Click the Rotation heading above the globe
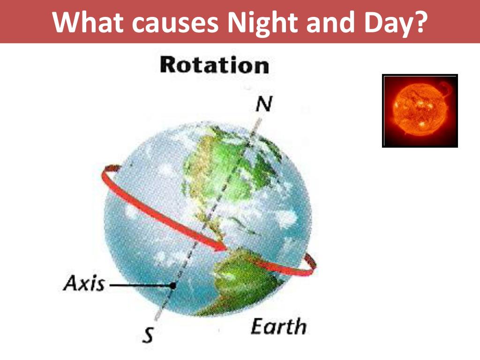(x=214, y=65)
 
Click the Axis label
(x=84, y=284)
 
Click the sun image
(x=420, y=111)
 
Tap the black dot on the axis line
(x=173, y=285)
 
